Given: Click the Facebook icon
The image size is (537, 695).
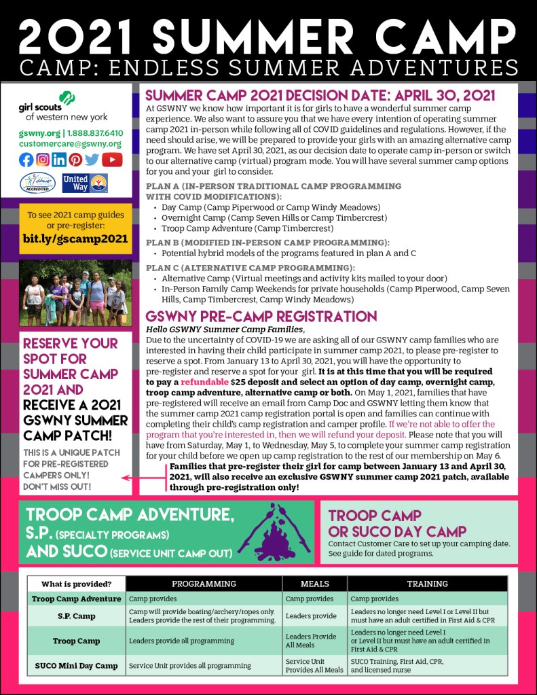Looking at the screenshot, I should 26,160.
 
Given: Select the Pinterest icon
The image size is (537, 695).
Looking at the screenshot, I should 76,160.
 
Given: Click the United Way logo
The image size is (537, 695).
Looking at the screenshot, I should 84,183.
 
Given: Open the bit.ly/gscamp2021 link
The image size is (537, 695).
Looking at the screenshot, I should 75,238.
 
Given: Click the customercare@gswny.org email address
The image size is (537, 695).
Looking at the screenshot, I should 71,144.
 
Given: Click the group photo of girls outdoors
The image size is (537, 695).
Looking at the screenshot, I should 75,292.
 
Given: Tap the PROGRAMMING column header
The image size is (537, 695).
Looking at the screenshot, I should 204,584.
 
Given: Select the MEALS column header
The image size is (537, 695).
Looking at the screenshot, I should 314,584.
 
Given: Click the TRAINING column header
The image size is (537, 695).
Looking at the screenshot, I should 427,584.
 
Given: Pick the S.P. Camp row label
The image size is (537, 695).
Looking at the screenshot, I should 76,616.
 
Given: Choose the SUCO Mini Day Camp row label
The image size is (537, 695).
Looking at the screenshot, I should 76,666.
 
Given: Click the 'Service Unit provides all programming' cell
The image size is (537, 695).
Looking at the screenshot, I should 190,666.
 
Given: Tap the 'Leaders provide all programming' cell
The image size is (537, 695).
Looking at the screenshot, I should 177,641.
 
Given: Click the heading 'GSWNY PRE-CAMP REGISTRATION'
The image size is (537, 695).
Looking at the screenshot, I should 261,317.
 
